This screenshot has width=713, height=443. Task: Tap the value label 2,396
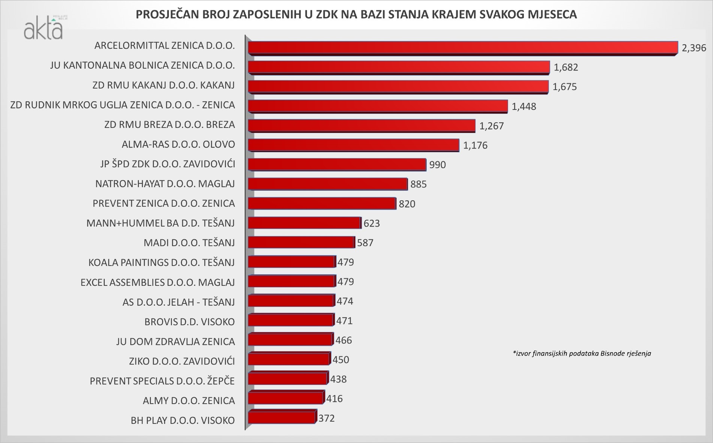click(x=694, y=48)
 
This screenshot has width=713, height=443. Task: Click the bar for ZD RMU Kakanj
click(x=398, y=87)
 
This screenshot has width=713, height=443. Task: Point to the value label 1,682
click(x=566, y=68)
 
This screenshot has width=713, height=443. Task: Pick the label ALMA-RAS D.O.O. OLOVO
click(x=178, y=144)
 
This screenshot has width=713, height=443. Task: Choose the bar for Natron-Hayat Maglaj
click(x=328, y=184)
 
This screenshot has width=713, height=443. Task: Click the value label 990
click(x=438, y=165)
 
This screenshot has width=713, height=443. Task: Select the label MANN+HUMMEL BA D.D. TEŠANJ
click(x=161, y=223)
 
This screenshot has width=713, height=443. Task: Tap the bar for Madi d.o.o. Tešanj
click(x=301, y=243)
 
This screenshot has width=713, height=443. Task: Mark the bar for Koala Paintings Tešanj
click(x=291, y=262)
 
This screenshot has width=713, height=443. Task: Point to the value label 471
click(x=344, y=321)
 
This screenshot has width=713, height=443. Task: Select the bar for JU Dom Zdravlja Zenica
click(x=290, y=340)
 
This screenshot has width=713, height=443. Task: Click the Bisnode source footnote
click(x=582, y=353)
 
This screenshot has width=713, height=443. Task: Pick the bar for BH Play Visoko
click(x=281, y=418)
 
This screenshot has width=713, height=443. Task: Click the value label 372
click(x=326, y=418)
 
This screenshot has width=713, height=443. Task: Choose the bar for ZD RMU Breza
click(x=361, y=126)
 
